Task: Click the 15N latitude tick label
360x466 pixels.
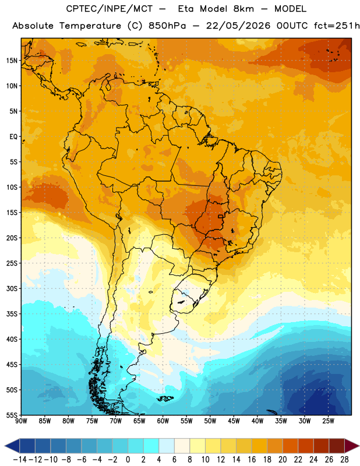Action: [x=12, y=61]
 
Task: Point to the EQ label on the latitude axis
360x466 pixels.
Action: [x=13, y=137]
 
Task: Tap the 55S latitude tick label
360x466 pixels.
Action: [x=12, y=415]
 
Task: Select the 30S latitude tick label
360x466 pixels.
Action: [x=12, y=288]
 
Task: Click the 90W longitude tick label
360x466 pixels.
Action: [x=22, y=421]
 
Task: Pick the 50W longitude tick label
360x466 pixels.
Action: [x=210, y=421]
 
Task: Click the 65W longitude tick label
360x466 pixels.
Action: [x=139, y=421]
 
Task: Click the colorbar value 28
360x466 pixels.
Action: [x=344, y=460]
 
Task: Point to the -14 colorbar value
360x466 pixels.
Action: [x=20, y=460]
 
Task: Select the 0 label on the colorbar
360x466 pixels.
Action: [x=128, y=460]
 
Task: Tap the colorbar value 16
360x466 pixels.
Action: [x=252, y=460]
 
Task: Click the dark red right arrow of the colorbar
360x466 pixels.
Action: [x=351, y=446]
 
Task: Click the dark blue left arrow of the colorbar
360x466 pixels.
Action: [x=12, y=446]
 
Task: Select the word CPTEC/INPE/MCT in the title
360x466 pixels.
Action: [x=109, y=9]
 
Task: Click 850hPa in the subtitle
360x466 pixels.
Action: [x=167, y=26]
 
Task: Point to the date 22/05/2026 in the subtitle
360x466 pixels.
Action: [x=238, y=26]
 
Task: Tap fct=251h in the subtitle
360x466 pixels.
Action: [x=337, y=26]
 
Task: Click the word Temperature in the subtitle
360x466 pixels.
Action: [x=90, y=26]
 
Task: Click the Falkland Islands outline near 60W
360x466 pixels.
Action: [x=165, y=398]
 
